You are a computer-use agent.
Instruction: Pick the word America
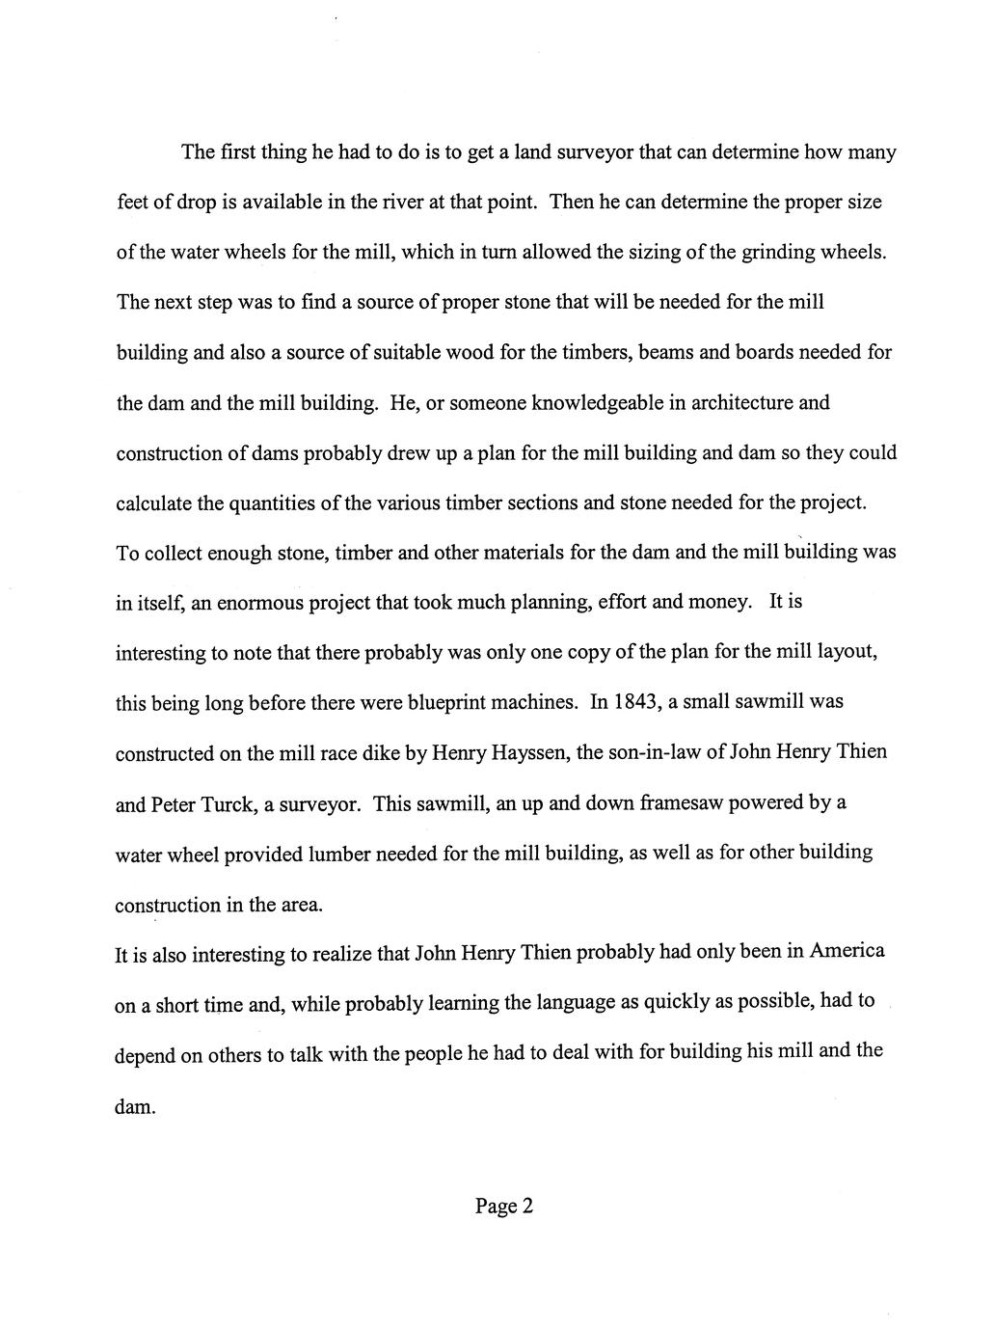(x=847, y=951)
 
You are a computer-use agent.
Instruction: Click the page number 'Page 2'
(x=503, y=1206)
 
